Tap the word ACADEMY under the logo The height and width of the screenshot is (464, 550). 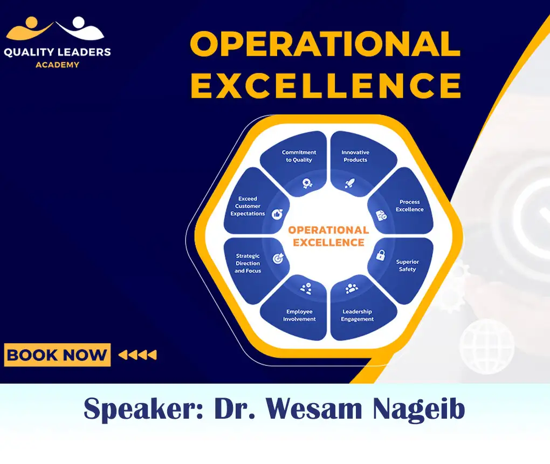(57, 65)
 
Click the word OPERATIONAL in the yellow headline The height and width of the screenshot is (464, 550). (325, 44)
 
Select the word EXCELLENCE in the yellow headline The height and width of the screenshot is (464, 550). (326, 85)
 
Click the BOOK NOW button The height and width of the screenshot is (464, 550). (57, 355)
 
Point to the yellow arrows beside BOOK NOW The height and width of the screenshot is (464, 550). (137, 355)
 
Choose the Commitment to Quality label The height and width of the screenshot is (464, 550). (299, 156)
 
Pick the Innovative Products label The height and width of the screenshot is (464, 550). (355, 156)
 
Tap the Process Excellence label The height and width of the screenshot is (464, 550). (409, 206)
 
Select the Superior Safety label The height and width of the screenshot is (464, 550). (407, 265)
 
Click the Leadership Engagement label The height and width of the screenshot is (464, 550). (357, 315)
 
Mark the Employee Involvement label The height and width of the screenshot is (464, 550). (299, 315)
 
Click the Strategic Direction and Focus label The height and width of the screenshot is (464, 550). (247, 263)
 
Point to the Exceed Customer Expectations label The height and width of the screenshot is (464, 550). (247, 206)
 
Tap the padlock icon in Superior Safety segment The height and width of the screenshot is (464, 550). (380, 255)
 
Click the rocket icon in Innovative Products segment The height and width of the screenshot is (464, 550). (349, 183)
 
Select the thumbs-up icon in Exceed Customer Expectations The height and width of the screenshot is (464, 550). (277, 214)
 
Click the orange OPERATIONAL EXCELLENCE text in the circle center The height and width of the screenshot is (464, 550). (328, 236)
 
